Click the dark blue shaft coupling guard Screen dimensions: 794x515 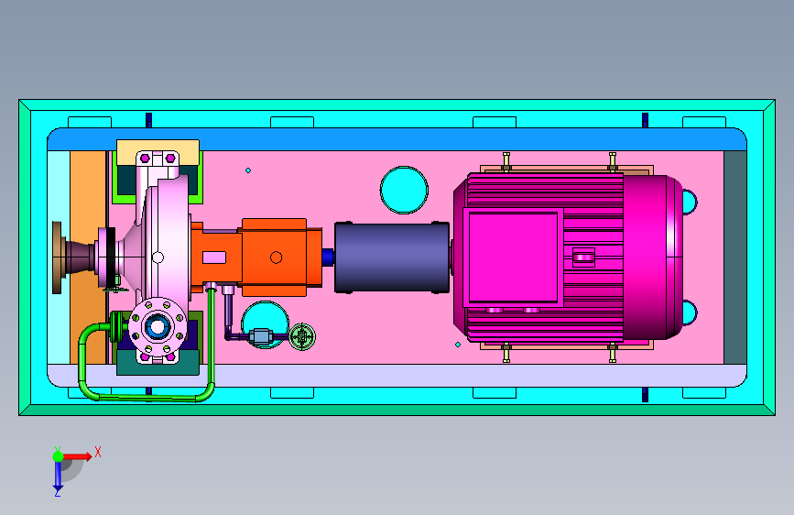[x=391, y=257]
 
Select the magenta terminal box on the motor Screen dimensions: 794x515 [x=513, y=257]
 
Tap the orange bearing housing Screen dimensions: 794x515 [x=274, y=257]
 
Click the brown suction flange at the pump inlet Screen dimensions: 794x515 [x=57, y=257]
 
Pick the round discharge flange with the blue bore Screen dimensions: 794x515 [x=157, y=327]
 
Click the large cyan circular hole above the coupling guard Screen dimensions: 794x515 [x=404, y=190]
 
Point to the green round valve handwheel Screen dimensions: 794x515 [x=302, y=336]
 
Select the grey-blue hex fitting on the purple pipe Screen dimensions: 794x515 [x=261, y=336]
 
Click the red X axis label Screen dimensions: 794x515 [x=98, y=452]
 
